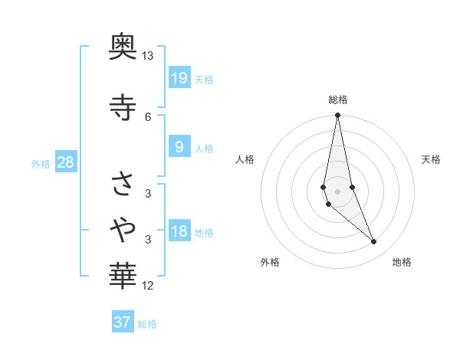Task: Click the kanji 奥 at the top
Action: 123,48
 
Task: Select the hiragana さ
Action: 123,184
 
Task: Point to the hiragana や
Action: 123,227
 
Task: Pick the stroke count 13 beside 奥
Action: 148,56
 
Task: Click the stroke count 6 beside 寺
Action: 148,116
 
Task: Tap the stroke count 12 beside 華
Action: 148,286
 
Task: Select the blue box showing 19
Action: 179,77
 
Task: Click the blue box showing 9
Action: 179,146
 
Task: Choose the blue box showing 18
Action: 179,231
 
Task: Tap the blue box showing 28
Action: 65,162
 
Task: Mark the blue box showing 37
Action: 123,322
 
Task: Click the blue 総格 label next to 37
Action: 147,324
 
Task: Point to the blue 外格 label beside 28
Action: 41,163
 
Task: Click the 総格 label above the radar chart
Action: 338,100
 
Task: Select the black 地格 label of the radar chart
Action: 402,262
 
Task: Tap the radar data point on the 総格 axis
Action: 338,116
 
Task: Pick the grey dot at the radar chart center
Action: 338,191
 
